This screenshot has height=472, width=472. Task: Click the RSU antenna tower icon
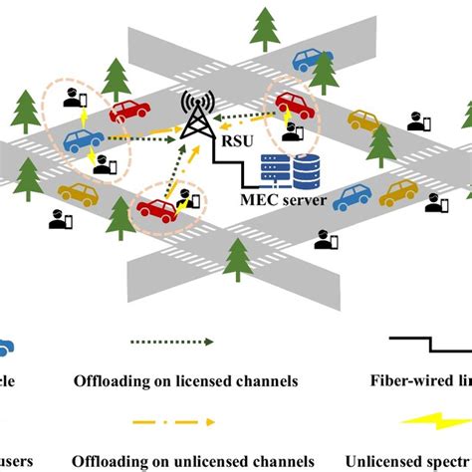[196, 118]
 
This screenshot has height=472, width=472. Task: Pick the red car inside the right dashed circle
[292, 104]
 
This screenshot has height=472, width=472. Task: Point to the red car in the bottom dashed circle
[155, 208]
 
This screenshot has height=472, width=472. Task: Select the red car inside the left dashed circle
[129, 112]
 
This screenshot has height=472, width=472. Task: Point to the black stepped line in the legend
[428, 345]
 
